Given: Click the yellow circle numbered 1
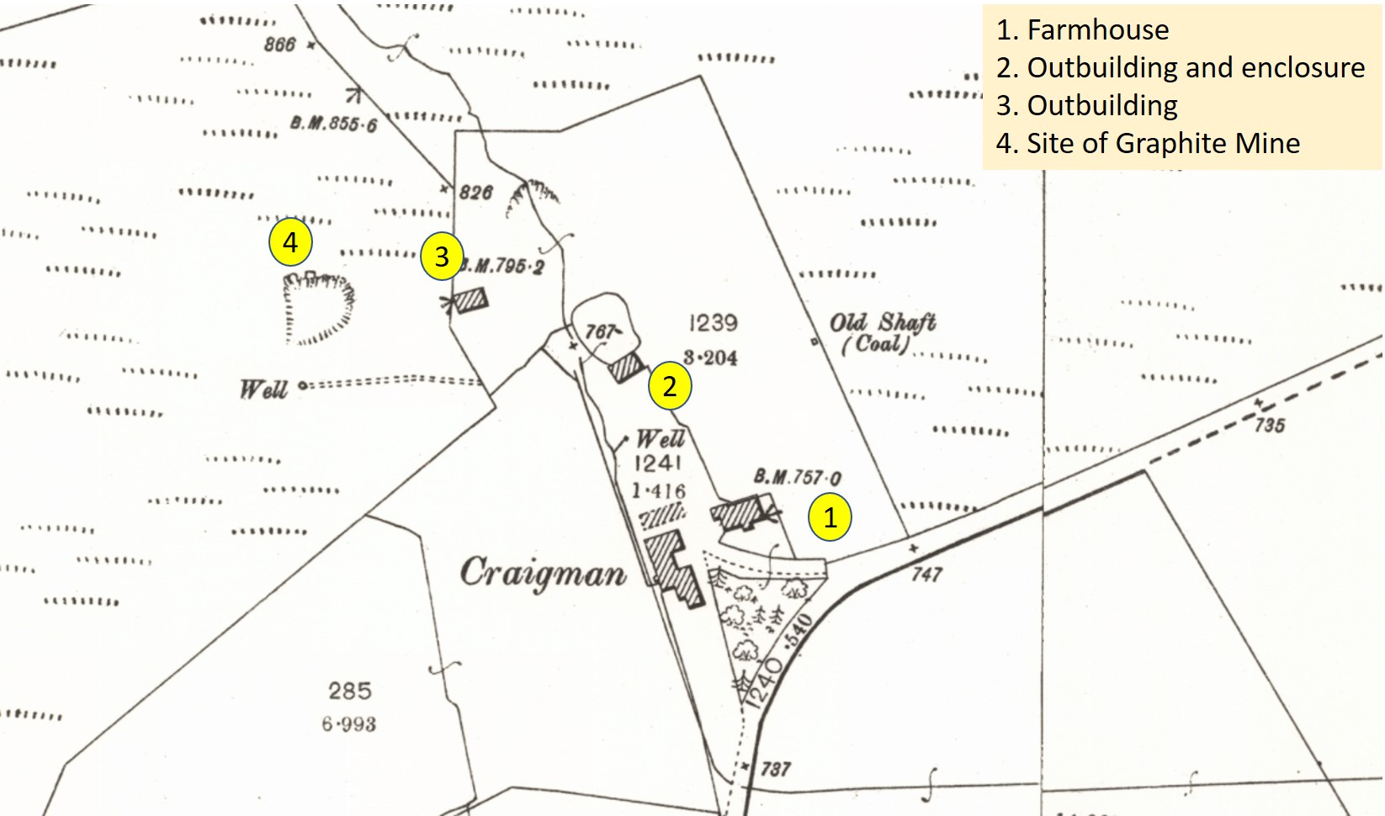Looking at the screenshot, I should [830, 517].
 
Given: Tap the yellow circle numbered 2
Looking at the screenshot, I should [670, 386].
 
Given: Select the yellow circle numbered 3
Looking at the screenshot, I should [442, 256].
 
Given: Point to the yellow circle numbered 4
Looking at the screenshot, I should [290, 242].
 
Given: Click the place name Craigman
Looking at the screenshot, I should [543, 574].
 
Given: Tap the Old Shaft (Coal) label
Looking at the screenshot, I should [881, 333].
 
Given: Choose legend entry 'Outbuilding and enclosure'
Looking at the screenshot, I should [1180, 67].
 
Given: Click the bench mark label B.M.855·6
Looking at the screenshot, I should [334, 125].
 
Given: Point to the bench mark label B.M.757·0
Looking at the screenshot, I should [797, 477].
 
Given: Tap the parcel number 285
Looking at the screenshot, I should [349, 691].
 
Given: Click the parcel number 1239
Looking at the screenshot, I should [713, 323].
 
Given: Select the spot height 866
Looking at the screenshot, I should [280, 45].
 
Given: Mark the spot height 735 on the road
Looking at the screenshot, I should [1270, 425].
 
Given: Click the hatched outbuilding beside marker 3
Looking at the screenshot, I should [470, 300].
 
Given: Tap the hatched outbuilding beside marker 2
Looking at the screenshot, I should [626, 368].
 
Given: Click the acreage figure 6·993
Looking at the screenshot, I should [348, 723].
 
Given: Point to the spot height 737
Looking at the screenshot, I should [775, 769].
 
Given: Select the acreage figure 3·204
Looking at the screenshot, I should [710, 358].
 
